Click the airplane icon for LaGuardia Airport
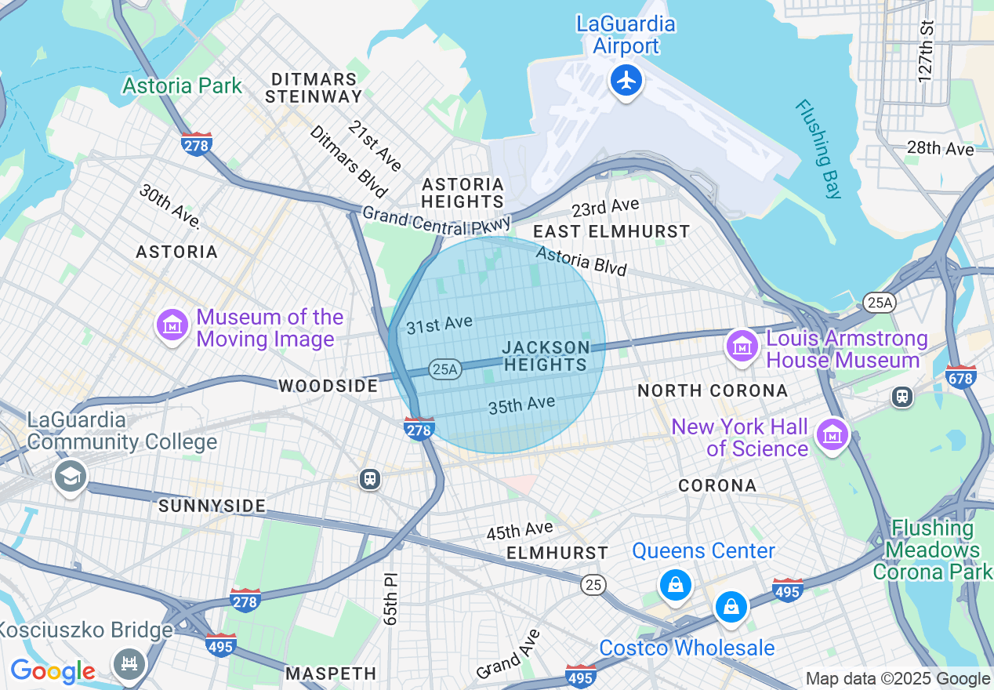[x=626, y=80]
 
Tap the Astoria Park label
[x=182, y=85]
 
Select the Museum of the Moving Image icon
[x=172, y=325]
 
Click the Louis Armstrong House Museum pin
[x=741, y=346]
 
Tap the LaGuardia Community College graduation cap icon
[x=70, y=475]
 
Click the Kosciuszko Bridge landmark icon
[x=129, y=663]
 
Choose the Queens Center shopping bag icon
[x=674, y=584]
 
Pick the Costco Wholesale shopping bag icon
[x=731, y=607]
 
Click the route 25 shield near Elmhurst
[x=593, y=584]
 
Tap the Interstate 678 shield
[x=960, y=377]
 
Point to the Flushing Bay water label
[x=818, y=149]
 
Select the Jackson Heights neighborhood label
[x=546, y=356]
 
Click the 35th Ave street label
[x=521, y=405]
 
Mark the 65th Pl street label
[x=391, y=597]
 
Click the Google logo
[x=53, y=671]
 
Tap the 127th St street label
[x=927, y=50]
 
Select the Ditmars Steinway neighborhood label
[x=314, y=89]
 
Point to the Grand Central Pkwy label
[x=436, y=219]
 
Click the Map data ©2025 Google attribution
[x=898, y=679]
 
